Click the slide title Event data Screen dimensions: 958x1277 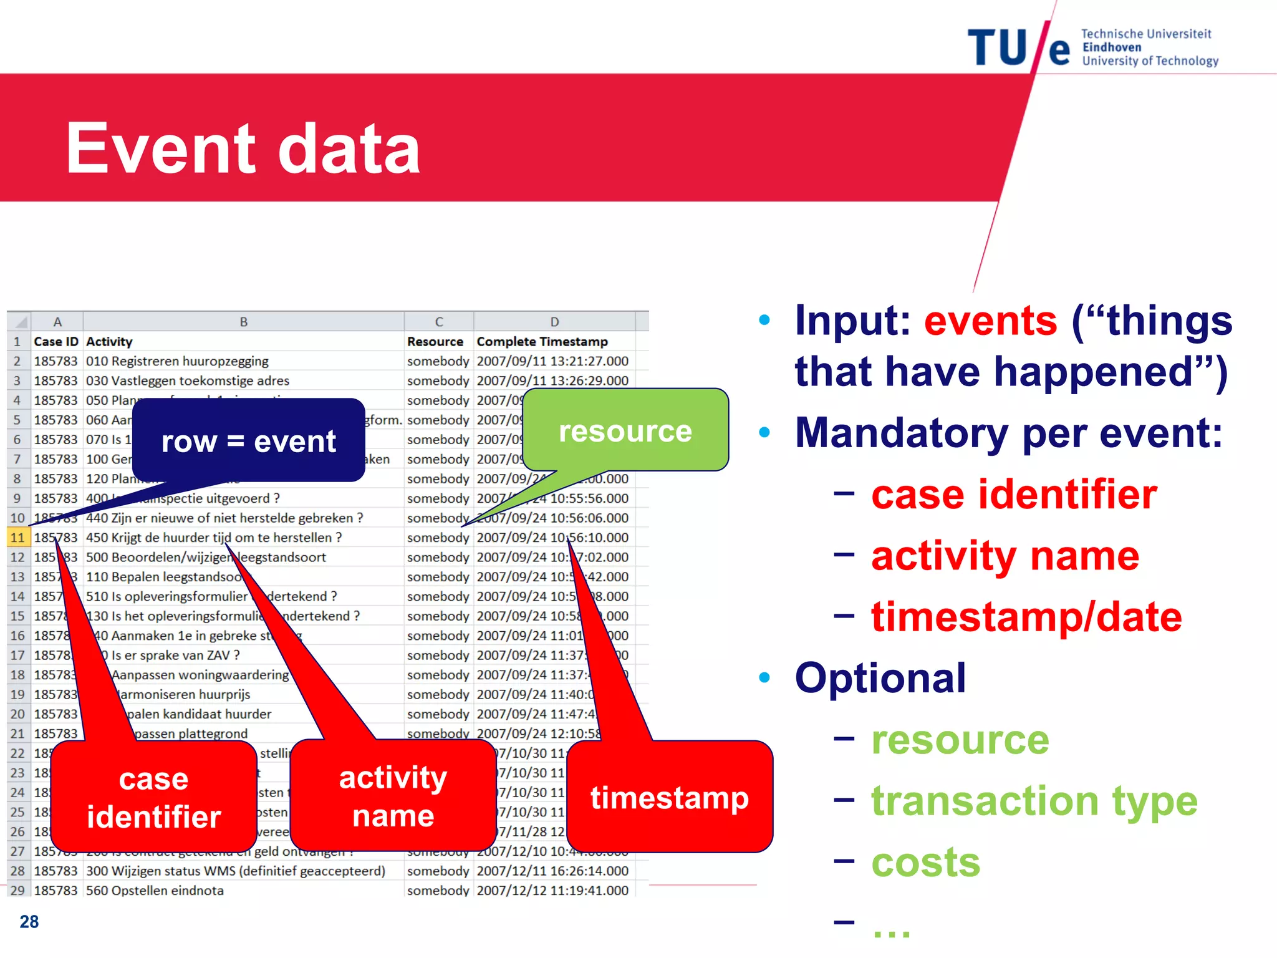(x=243, y=148)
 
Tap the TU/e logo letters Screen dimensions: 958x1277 (x=1018, y=49)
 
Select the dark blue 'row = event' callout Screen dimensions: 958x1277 (x=248, y=440)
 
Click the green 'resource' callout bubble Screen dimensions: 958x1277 (x=625, y=430)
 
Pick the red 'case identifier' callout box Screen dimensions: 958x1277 (x=153, y=797)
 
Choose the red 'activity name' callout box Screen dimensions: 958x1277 (x=393, y=796)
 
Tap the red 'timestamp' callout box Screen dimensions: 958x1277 (x=670, y=797)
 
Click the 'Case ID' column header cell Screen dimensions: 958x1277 (x=56, y=342)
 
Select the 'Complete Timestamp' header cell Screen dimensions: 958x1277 (x=542, y=342)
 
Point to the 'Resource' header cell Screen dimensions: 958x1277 (x=435, y=342)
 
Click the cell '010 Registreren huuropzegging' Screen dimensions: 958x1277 (x=177, y=361)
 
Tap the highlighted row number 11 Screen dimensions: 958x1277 (x=17, y=538)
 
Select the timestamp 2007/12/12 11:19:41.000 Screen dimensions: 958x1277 (x=552, y=891)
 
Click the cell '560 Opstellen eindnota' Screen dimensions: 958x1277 (x=155, y=891)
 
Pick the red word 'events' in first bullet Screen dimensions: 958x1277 (x=990, y=321)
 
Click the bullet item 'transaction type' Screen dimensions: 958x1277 (x=1034, y=801)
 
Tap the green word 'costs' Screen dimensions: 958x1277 (x=925, y=863)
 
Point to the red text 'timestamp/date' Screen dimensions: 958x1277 (x=1026, y=617)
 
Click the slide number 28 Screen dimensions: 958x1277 (x=29, y=922)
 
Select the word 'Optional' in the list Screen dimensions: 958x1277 (x=880, y=678)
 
